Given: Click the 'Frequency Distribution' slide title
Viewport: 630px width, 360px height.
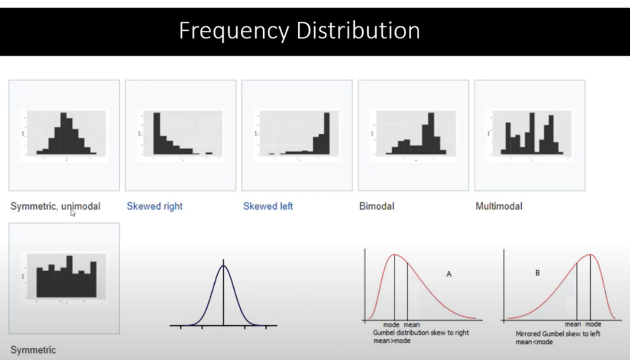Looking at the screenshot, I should (x=299, y=31).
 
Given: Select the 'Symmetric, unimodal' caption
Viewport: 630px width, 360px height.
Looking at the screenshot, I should (x=55, y=206).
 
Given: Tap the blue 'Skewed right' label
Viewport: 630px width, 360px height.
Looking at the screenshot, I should (x=154, y=206).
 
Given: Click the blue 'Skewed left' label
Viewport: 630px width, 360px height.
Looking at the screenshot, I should (x=268, y=206).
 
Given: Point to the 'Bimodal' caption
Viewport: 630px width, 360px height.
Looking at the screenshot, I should (x=377, y=206).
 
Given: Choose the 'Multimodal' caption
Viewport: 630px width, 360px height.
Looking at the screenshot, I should (x=499, y=206).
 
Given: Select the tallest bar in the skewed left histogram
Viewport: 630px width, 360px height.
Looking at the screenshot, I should (x=327, y=134).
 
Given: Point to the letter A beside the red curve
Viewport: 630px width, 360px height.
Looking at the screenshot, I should (x=449, y=274).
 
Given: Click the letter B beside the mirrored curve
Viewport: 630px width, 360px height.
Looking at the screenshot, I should (x=537, y=273).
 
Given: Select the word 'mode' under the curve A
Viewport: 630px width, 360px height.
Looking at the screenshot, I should (x=391, y=325).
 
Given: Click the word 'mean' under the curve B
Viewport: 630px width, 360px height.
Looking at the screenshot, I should (x=572, y=324).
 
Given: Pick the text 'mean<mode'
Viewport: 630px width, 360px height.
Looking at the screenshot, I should (x=534, y=342).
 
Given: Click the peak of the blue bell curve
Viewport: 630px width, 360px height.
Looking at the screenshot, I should (x=223, y=266).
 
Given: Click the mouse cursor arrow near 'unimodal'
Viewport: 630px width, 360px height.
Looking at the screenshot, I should (x=73, y=213).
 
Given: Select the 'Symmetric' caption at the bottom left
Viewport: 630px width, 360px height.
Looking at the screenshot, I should (x=33, y=350).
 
